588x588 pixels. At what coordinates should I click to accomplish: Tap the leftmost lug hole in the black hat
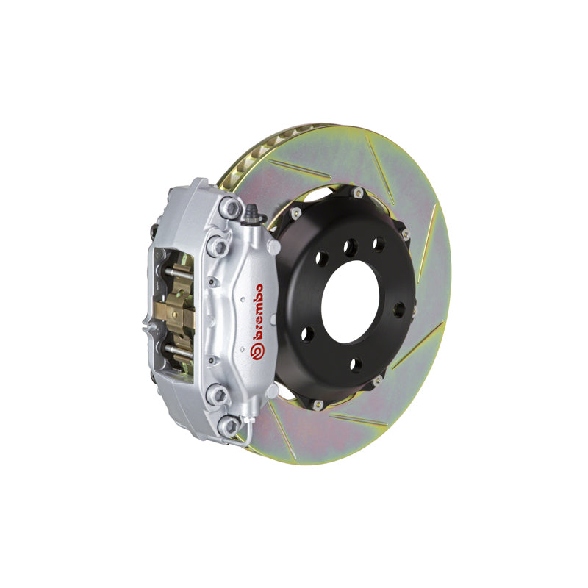click(307, 334)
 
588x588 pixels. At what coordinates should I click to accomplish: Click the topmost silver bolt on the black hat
click(357, 193)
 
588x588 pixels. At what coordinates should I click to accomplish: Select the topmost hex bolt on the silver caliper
click(232, 208)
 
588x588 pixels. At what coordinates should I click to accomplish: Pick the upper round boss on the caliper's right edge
click(273, 247)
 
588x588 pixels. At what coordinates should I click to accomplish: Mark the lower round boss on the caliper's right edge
click(273, 389)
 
